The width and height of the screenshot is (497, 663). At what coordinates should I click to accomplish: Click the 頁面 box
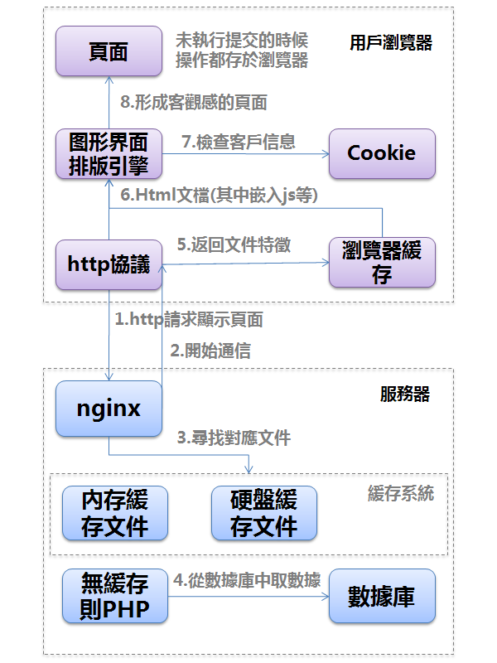click(x=109, y=51)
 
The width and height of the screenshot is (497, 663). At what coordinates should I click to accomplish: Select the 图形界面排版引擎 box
click(x=109, y=154)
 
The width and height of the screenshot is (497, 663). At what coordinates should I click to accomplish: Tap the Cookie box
click(x=382, y=153)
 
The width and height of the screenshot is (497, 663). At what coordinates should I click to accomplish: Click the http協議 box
click(x=109, y=264)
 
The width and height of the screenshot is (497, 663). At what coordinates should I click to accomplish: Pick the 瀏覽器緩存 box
click(x=382, y=263)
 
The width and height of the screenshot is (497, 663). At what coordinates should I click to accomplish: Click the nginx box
click(x=109, y=409)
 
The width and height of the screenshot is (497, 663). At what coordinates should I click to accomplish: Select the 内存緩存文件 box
click(x=115, y=513)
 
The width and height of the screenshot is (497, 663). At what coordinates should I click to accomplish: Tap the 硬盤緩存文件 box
click(x=264, y=513)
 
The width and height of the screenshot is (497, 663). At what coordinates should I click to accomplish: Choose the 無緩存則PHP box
click(x=115, y=597)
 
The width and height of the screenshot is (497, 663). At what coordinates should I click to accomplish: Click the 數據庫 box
click(x=382, y=596)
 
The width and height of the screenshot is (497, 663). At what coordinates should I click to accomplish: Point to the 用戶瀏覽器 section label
click(x=391, y=43)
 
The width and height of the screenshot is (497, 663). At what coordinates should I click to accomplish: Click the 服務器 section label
click(x=405, y=394)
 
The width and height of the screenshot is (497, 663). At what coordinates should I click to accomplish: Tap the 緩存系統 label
click(x=401, y=494)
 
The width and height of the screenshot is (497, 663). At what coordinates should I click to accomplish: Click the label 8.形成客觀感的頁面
click(x=194, y=102)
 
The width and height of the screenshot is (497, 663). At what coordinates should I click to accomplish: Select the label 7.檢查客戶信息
click(x=239, y=142)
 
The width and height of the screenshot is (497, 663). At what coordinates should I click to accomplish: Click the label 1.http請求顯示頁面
click(x=189, y=320)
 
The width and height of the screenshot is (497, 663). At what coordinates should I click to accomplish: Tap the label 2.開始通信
click(x=210, y=351)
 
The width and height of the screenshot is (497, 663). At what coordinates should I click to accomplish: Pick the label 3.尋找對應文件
click(x=234, y=438)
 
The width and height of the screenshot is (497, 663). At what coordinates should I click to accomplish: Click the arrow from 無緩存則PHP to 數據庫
click(x=248, y=597)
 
